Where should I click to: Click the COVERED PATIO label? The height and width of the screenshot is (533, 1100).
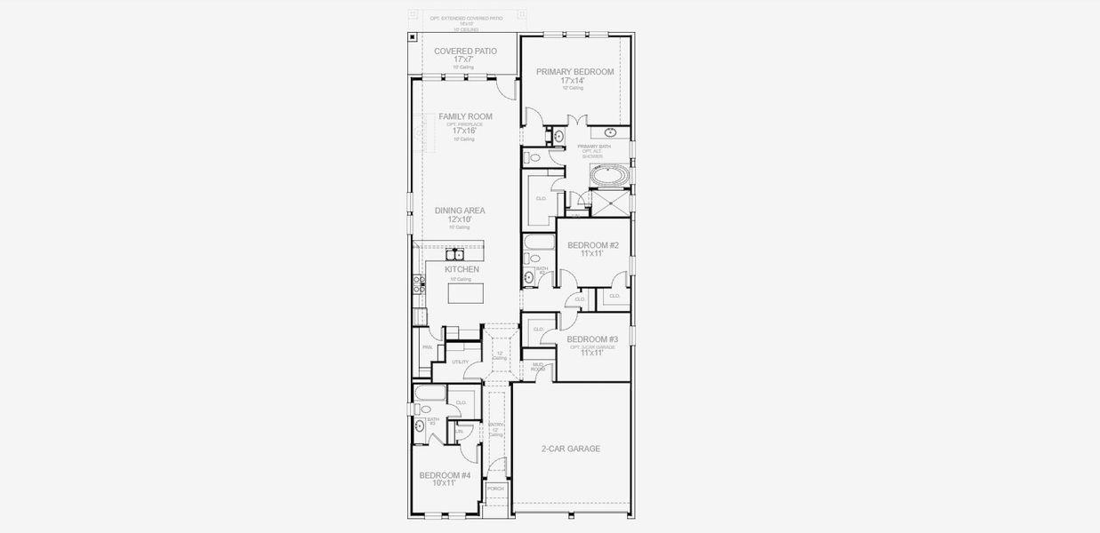(x=465, y=52)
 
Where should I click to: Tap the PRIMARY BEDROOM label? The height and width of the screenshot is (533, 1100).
(x=574, y=72)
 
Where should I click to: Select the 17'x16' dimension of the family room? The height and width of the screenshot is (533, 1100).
(x=465, y=131)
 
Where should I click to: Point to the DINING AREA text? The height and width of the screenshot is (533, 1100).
(x=459, y=211)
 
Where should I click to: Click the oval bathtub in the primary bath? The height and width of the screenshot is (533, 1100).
(x=609, y=177)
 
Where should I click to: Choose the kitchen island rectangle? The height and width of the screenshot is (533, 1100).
(x=465, y=291)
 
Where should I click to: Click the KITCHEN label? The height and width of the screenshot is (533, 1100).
(x=462, y=269)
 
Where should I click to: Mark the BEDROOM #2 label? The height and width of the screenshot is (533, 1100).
(x=592, y=245)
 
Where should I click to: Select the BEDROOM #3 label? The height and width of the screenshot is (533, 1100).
(x=592, y=339)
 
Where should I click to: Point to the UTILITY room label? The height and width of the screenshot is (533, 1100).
(x=460, y=362)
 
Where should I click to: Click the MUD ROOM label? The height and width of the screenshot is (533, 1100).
(x=538, y=366)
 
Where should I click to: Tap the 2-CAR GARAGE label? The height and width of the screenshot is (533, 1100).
(x=570, y=449)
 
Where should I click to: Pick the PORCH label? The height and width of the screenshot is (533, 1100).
(x=495, y=489)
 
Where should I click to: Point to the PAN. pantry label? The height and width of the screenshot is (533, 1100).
(x=427, y=347)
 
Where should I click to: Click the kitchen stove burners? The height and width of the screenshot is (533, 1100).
(x=418, y=285)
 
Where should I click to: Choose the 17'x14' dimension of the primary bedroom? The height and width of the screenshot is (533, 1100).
(x=572, y=81)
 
